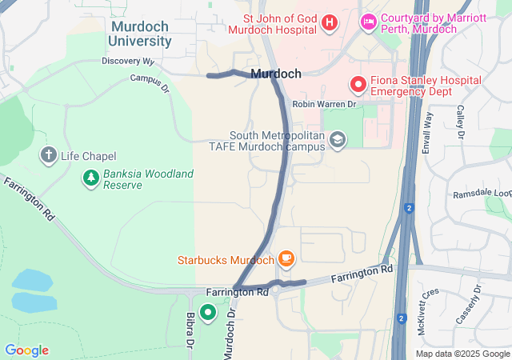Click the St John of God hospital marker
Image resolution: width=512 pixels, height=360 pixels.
coord(329,22)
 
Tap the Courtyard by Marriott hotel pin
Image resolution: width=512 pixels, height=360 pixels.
coord(369,22)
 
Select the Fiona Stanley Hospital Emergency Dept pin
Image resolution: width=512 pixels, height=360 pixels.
coord(358,82)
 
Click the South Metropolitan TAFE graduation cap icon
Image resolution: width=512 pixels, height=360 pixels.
coord(338,140)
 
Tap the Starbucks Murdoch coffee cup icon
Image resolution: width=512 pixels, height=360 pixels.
coord(286,259)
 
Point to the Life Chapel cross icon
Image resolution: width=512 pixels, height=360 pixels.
coord(49,155)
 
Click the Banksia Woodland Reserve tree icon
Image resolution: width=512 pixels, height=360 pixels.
coord(91,178)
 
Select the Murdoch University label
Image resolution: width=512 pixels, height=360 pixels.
coord(140,33)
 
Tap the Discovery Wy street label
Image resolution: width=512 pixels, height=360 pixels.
coord(128,61)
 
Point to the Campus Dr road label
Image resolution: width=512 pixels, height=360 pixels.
coord(150,82)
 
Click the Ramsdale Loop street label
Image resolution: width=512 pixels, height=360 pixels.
coord(482,193)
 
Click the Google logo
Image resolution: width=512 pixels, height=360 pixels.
coord(26,350)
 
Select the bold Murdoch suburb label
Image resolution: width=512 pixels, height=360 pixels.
coord(276,74)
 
